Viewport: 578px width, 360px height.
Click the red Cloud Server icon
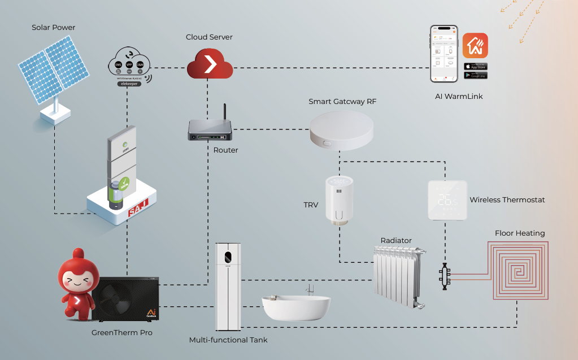pos(210,63)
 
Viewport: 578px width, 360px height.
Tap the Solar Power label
pos(53,27)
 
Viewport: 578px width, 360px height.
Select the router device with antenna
pos(210,132)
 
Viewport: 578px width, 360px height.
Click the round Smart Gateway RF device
pos(341,129)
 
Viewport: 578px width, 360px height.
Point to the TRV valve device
pos(340,201)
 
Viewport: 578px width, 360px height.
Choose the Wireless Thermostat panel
pos(447,200)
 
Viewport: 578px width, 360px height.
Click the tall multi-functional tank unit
pos(229,287)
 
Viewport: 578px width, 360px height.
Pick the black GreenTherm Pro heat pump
pos(126,298)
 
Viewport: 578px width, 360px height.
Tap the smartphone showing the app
pos(444,54)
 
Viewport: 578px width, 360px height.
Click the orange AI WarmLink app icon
pos(475,45)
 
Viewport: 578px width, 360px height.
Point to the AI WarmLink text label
pos(459,97)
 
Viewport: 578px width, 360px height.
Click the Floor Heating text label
pos(519,233)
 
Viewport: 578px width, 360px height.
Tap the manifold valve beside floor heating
pos(444,275)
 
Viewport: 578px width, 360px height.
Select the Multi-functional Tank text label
pos(228,340)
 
